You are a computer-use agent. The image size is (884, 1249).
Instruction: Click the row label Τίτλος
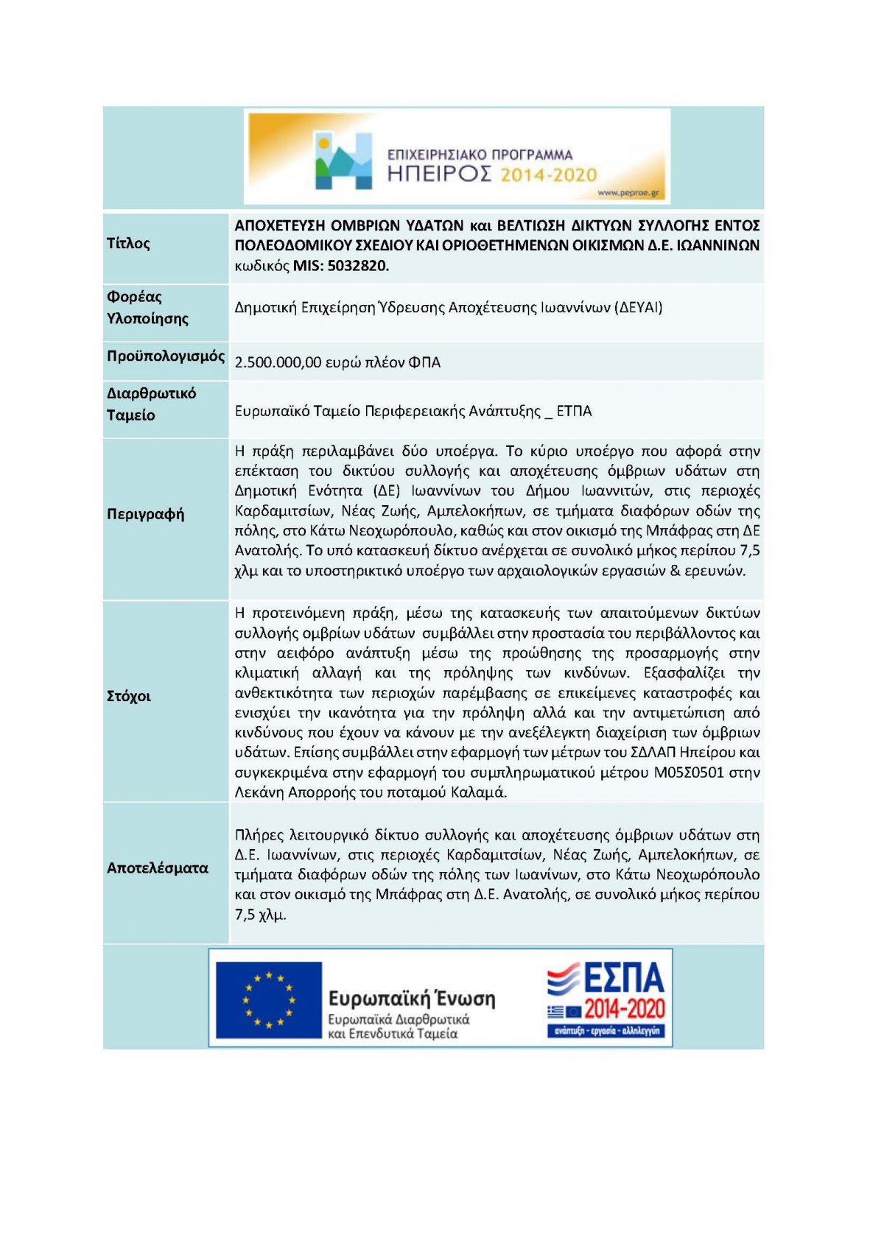click(128, 244)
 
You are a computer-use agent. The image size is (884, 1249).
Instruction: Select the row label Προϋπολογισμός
click(165, 356)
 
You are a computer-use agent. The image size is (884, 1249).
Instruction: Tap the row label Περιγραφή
click(145, 514)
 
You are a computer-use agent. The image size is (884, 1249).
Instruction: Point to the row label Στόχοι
click(128, 697)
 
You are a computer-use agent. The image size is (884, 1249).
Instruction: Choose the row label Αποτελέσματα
click(157, 868)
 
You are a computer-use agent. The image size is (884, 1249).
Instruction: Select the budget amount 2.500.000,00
click(278, 362)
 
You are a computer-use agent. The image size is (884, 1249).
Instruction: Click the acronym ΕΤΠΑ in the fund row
click(574, 412)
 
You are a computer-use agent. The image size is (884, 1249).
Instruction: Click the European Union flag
click(268, 1000)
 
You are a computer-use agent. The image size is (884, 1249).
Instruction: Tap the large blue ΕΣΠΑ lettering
click(624, 979)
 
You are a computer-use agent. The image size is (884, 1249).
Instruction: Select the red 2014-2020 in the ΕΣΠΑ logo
click(624, 1009)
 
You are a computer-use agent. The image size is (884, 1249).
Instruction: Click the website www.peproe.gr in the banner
click(629, 194)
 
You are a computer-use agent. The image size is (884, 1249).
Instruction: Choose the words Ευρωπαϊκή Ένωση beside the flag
click(411, 999)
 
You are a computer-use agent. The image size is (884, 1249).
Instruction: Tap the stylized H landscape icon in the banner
click(343, 161)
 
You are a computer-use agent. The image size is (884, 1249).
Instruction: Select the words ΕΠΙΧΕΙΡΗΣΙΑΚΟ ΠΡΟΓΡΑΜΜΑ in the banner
click(480, 155)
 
